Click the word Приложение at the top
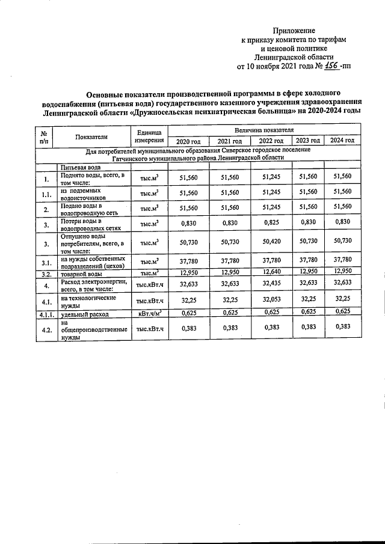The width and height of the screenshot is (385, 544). [x=294, y=31]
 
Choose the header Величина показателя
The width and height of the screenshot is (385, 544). [x=264, y=129]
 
